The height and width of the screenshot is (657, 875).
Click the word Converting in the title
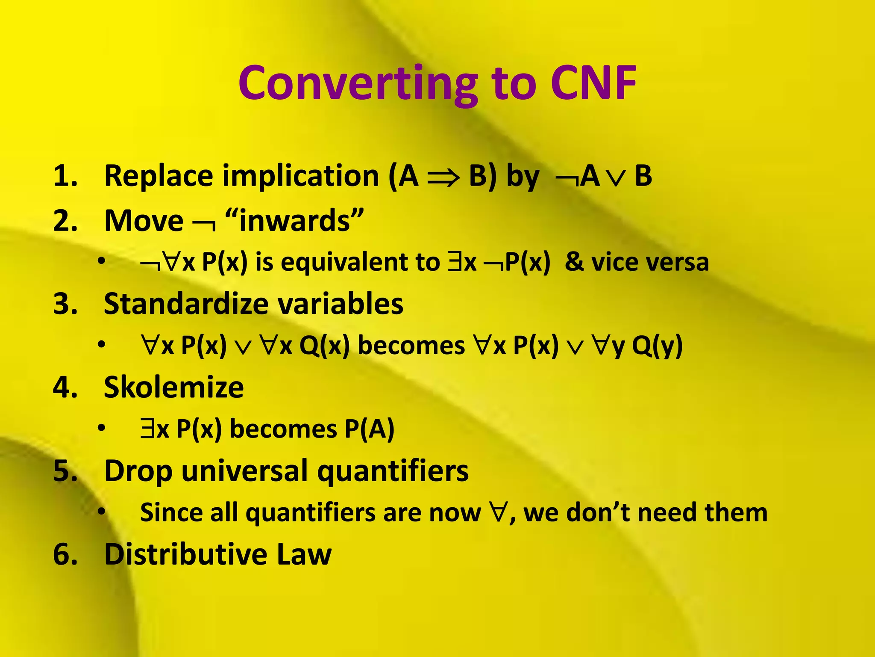tap(358, 84)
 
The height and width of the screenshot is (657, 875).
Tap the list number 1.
tap(65, 176)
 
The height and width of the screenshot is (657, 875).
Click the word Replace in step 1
tap(159, 176)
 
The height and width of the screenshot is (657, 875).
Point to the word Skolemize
tap(173, 387)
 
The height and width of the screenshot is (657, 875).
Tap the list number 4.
tap(65, 387)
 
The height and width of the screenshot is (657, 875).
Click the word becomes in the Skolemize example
tap(283, 429)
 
